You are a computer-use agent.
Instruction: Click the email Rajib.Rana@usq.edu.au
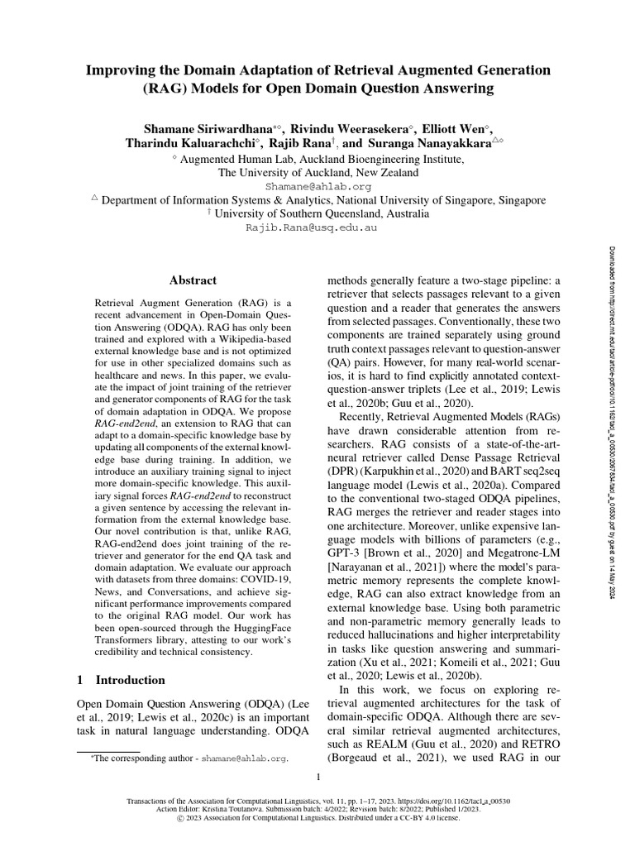point(317,226)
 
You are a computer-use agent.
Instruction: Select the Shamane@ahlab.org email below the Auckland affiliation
point(317,187)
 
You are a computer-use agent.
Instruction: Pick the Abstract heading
point(193,280)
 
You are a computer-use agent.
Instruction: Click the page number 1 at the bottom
point(317,777)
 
